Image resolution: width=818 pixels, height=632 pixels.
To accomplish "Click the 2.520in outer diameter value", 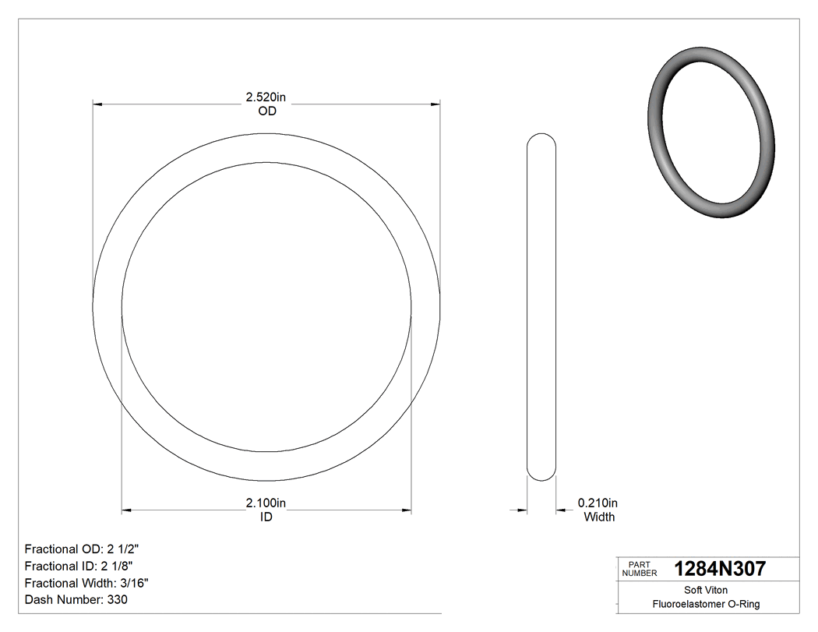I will click(266, 97).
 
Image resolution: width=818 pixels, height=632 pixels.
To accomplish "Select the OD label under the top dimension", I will click(267, 111).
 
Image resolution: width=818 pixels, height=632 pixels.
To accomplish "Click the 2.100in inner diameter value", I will click(266, 503).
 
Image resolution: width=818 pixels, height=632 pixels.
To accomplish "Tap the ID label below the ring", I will click(266, 517).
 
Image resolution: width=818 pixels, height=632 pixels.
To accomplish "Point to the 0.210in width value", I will click(598, 503).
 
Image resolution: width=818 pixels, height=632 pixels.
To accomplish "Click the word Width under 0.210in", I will click(599, 517).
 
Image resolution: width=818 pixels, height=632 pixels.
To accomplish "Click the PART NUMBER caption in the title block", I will click(640, 569).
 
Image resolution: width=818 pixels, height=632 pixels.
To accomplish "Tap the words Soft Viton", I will click(706, 590).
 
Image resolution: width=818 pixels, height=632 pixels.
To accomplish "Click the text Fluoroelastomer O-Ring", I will click(706, 604).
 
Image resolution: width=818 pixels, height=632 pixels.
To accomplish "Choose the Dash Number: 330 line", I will click(76, 600).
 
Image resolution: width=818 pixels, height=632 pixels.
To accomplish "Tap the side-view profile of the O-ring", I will click(542, 307).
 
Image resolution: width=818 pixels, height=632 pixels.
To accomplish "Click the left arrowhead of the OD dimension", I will click(97, 103).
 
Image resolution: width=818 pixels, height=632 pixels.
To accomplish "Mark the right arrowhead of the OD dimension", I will click(435, 103).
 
